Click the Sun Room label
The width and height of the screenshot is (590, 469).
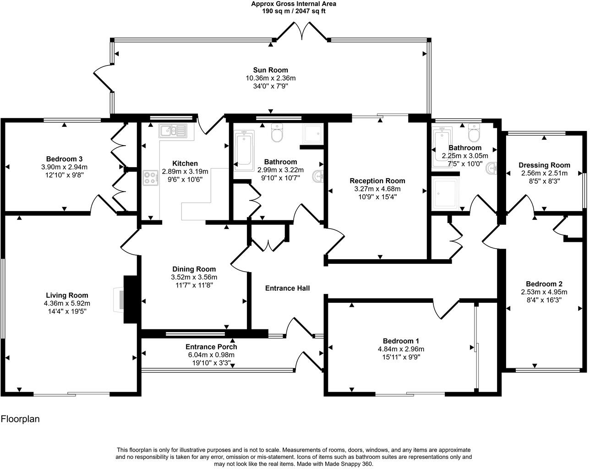[270, 70]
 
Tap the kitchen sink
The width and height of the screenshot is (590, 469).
[173, 131]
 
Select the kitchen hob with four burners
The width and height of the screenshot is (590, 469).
[150, 178]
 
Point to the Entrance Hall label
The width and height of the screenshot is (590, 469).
[287, 288]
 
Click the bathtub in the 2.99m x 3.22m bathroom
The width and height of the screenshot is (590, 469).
[243, 150]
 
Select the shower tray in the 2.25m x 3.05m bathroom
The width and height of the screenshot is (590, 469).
[445, 193]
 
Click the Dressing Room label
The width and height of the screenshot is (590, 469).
[544, 165]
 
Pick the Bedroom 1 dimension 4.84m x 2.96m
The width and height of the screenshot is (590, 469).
[401, 349]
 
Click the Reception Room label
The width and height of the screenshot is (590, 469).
[377, 181]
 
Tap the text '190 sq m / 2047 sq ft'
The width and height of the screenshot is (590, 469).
[294, 11]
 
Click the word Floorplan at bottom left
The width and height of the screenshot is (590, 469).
[20, 419]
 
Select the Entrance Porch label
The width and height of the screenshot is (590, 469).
[211, 347]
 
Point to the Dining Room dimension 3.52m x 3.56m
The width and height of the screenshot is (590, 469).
[194, 277]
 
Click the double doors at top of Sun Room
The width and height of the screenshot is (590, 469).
[302, 31]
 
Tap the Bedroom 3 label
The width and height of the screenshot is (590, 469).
[64, 159]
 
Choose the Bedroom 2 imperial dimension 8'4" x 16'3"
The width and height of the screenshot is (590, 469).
[544, 300]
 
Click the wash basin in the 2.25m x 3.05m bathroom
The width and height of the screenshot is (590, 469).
[492, 169]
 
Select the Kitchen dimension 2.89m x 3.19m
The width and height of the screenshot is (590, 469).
[185, 172]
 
